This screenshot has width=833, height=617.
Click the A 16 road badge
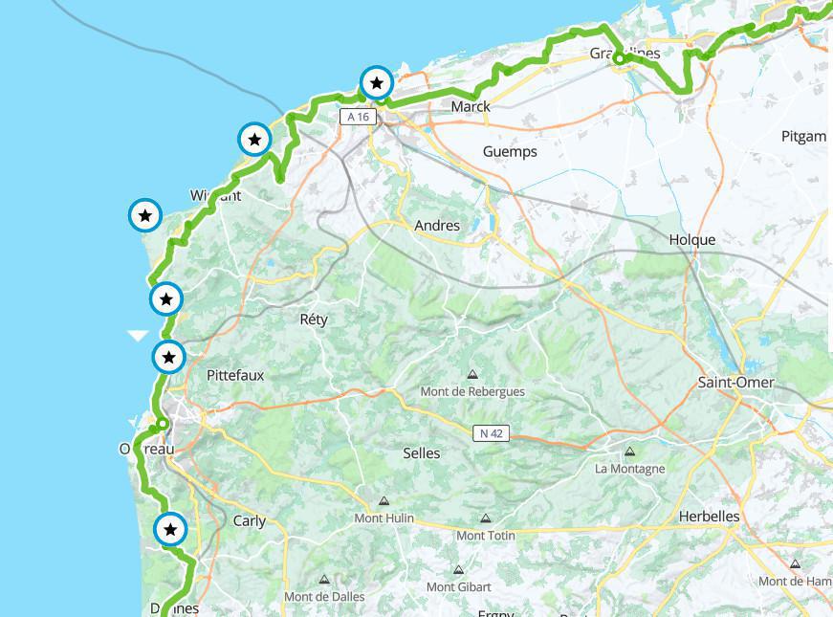click(359, 117)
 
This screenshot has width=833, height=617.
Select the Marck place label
click(470, 106)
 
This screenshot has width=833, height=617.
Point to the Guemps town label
click(510, 151)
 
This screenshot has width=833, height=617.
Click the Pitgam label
click(803, 136)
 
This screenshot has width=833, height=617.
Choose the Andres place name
click(437, 226)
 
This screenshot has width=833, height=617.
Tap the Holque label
click(692, 240)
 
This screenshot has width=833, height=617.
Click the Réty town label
click(314, 320)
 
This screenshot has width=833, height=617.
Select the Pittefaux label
click(235, 376)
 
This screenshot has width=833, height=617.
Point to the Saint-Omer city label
click(735, 383)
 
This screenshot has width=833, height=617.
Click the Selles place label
click(422, 452)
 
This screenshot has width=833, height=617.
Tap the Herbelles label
click(709, 517)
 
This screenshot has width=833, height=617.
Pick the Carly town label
click(250, 521)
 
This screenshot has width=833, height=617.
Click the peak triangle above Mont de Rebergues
click(472, 375)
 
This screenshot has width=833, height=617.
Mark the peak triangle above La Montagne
click(629, 452)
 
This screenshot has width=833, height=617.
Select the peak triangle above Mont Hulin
click(384, 500)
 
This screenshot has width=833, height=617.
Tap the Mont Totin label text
click(484, 536)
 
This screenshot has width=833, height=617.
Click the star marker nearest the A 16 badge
click(377, 83)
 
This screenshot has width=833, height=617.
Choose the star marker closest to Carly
click(170, 529)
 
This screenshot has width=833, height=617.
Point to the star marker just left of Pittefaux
click(169, 358)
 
